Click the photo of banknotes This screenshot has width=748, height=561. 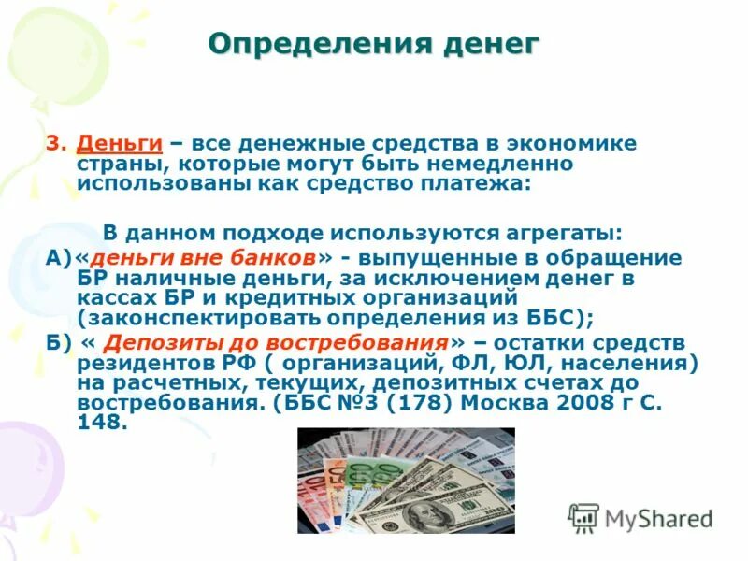(405, 480)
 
